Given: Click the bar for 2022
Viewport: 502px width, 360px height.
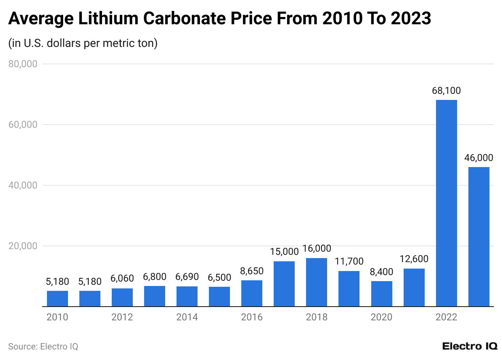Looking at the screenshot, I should [x=446, y=203].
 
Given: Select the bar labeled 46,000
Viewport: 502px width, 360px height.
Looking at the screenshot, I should [x=479, y=237].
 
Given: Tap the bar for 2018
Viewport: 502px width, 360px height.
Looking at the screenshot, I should [x=317, y=282].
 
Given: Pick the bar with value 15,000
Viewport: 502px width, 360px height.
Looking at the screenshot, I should [x=284, y=284].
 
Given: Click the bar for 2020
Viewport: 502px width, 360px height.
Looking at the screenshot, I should [x=381, y=294].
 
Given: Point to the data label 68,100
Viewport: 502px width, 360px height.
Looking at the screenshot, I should [x=446, y=91].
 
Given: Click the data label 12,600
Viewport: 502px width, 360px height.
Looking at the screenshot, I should [x=414, y=259].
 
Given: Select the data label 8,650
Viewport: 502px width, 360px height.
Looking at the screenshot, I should [x=252, y=271].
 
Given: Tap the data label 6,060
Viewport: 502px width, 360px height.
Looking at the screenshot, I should [x=122, y=279].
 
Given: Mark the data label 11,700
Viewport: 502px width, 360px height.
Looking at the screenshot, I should [x=349, y=261].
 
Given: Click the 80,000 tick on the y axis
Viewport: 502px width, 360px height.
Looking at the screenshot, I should [x=23, y=64].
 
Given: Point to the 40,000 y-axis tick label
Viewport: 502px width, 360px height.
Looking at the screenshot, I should [x=23, y=185].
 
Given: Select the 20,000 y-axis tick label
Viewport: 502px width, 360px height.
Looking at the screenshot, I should [x=23, y=246].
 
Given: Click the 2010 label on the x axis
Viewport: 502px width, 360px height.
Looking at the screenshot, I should [x=57, y=317].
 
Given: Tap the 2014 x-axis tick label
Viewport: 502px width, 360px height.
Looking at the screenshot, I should [x=187, y=317].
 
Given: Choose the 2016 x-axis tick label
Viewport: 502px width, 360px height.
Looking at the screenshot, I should [x=252, y=317].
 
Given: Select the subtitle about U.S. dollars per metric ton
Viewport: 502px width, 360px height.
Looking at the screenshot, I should [x=83, y=43].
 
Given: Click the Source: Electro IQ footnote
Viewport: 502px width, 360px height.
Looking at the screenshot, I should [x=43, y=347].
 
